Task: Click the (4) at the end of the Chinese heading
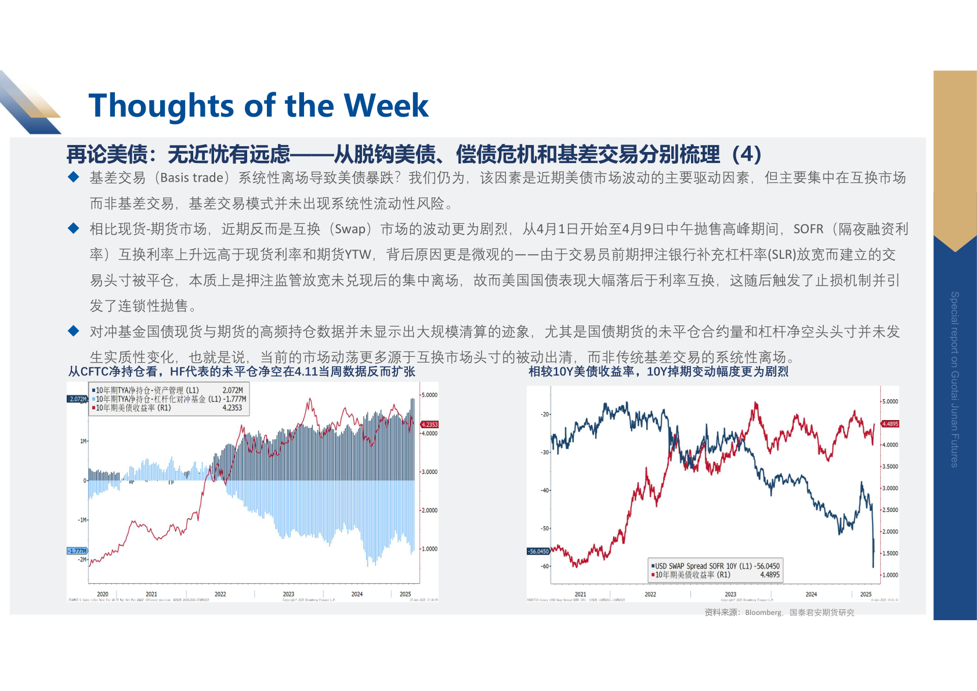(746, 154)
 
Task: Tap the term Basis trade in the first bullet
(192, 178)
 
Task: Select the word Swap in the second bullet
(350, 229)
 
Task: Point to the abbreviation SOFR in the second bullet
(808, 229)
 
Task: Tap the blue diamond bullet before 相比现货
(74, 229)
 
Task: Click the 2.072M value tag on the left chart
(78, 399)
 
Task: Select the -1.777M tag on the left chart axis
(77, 551)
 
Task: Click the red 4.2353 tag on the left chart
(429, 425)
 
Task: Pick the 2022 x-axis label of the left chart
(220, 594)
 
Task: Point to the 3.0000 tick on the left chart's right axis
(429, 472)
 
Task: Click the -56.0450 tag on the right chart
(538, 552)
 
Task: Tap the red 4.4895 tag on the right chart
(890, 424)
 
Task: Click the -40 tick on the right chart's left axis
(545, 491)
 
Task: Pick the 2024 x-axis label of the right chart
(811, 595)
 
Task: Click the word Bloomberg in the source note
(763, 613)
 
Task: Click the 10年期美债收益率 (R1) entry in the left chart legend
(133, 408)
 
